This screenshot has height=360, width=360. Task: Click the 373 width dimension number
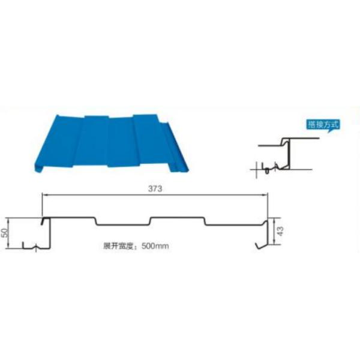(x=155, y=189)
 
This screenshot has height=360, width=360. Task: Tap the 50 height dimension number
(x=5, y=232)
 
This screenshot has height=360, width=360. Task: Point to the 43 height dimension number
(x=281, y=231)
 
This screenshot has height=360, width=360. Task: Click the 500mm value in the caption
(x=155, y=246)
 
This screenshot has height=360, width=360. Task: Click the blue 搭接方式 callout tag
(x=323, y=125)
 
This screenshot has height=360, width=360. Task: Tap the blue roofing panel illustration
(x=111, y=143)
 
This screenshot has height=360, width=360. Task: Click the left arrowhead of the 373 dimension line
(x=44, y=194)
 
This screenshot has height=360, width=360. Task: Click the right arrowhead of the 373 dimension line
(x=266, y=194)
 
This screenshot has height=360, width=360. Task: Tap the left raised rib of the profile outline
(x=69, y=218)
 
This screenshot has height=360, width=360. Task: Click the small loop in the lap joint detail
(x=267, y=170)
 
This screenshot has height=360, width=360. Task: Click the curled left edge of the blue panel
(x=39, y=167)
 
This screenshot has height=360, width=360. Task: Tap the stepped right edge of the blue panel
(x=175, y=147)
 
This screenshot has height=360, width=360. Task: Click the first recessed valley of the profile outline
(x=123, y=224)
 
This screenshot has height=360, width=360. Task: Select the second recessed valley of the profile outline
(x=234, y=224)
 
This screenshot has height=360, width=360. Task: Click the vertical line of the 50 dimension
(x=8, y=233)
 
